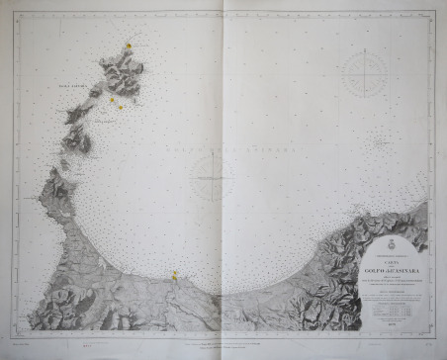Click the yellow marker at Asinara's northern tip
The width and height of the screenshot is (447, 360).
pyautogui.click(x=129, y=45)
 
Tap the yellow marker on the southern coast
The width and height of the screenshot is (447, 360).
pyautogui.click(x=175, y=275)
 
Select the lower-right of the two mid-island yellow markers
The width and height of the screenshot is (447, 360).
pyautogui.click(x=122, y=106)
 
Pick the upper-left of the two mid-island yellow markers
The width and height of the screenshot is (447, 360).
pyautogui.click(x=112, y=100)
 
